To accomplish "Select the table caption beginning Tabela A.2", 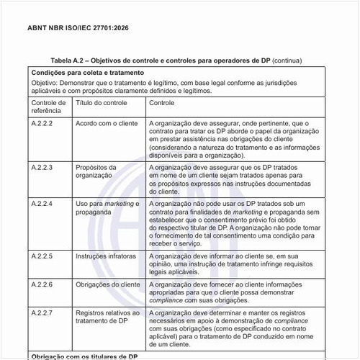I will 176,61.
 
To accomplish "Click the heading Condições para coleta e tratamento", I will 87,73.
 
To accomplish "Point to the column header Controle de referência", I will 49,108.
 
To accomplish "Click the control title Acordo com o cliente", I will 107,124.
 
